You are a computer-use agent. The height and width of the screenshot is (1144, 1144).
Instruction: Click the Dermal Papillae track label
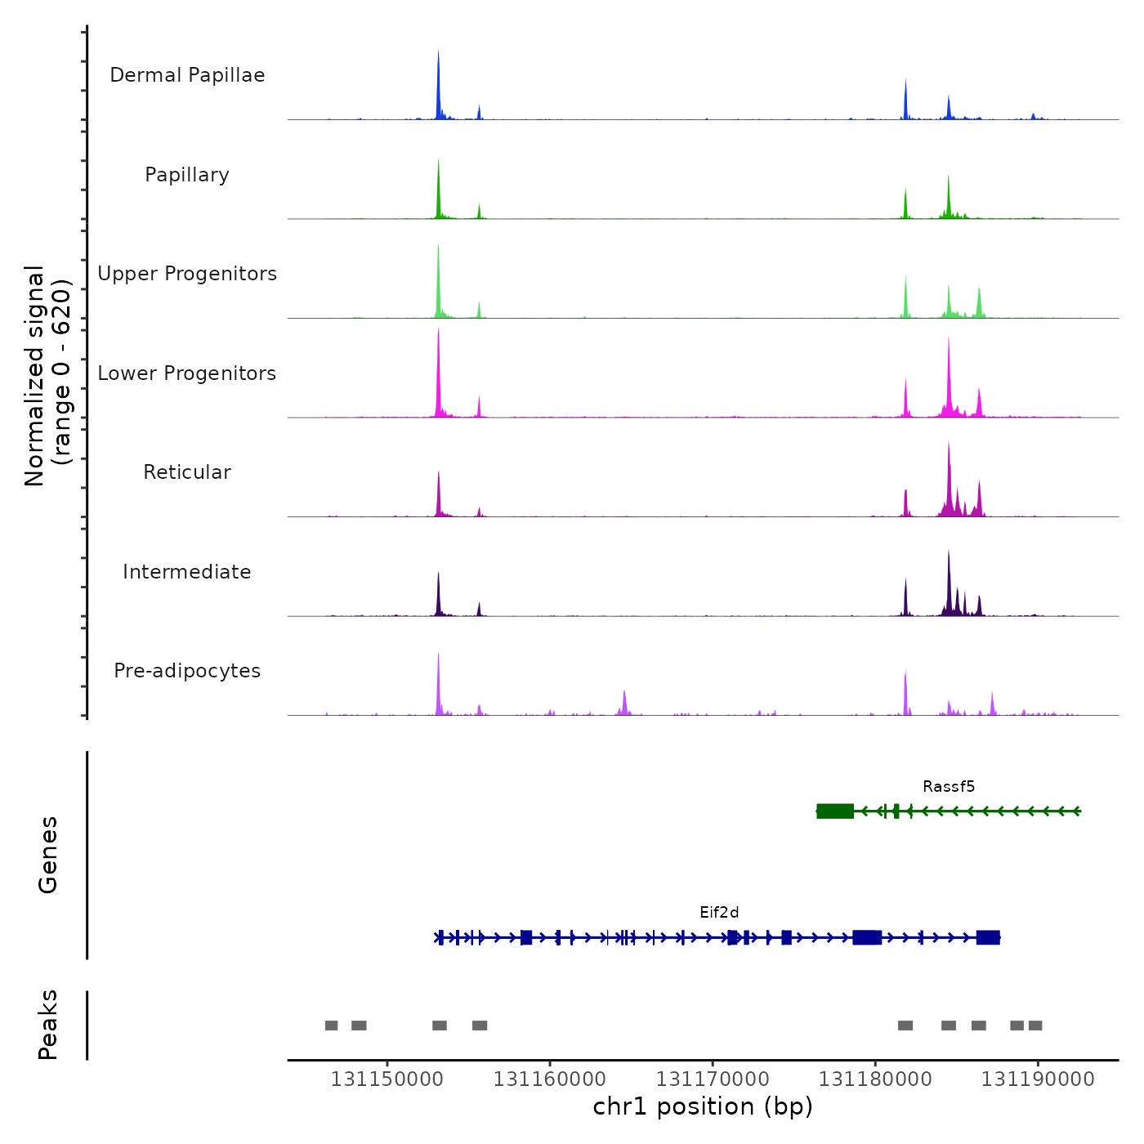(x=187, y=75)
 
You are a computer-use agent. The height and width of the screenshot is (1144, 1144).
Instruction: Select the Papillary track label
(x=187, y=175)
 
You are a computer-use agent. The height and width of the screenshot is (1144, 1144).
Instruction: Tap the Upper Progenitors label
(x=187, y=274)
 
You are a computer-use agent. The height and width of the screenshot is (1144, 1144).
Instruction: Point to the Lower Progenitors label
(x=187, y=373)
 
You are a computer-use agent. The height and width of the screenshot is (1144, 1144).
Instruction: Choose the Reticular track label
(x=187, y=472)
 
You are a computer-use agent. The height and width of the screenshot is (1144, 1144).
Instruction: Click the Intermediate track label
(x=187, y=572)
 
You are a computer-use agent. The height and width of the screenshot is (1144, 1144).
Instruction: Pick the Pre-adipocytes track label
(x=187, y=671)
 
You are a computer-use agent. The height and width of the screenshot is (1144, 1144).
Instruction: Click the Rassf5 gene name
(x=949, y=787)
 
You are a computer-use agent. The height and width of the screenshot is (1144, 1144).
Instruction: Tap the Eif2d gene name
(x=719, y=913)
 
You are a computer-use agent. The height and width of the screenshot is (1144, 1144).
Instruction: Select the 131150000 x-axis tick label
(x=387, y=1079)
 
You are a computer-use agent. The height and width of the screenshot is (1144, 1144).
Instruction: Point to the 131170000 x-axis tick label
(x=713, y=1079)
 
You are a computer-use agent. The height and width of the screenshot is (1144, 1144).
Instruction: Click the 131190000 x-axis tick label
(x=1038, y=1079)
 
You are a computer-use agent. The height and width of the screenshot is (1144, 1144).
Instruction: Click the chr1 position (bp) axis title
(x=703, y=1106)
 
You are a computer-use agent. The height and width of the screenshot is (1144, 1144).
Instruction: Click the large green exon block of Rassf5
(x=835, y=811)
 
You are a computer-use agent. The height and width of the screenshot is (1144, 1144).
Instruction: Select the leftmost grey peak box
(x=331, y=1026)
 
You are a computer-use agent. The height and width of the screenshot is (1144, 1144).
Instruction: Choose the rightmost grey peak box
(x=1035, y=1026)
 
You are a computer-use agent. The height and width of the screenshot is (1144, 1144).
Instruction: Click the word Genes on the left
(x=48, y=855)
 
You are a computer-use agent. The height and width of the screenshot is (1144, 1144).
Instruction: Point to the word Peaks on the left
(x=48, y=1025)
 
